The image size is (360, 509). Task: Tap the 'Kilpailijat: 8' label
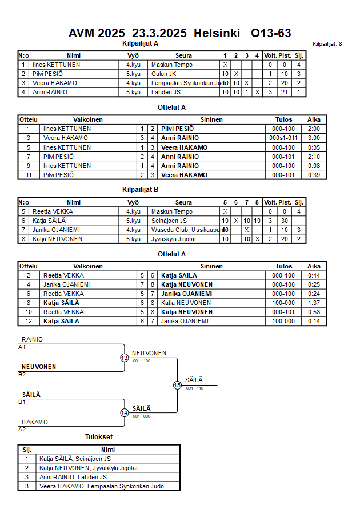tap(327, 44)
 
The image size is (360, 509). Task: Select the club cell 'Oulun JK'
tap(164, 74)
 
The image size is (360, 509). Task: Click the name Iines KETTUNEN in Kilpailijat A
tap(56, 65)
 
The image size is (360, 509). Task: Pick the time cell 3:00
tap(314, 138)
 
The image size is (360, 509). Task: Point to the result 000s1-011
tap(283, 138)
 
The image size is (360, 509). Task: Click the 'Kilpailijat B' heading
tap(140, 190)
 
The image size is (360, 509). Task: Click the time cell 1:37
tap(314, 303)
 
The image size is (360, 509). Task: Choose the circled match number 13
tap(124, 358)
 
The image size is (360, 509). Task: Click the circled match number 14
tap(124, 412)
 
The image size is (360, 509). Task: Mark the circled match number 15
tap(177, 386)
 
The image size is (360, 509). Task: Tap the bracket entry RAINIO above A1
tap(32, 339)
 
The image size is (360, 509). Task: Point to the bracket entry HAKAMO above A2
tap(35, 422)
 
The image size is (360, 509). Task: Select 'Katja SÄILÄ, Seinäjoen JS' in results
tap(75, 458)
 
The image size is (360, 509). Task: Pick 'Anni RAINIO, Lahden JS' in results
tap(73, 477)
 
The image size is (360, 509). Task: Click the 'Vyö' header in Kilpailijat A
tap(133, 55)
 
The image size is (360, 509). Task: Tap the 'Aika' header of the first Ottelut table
tap(314, 119)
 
